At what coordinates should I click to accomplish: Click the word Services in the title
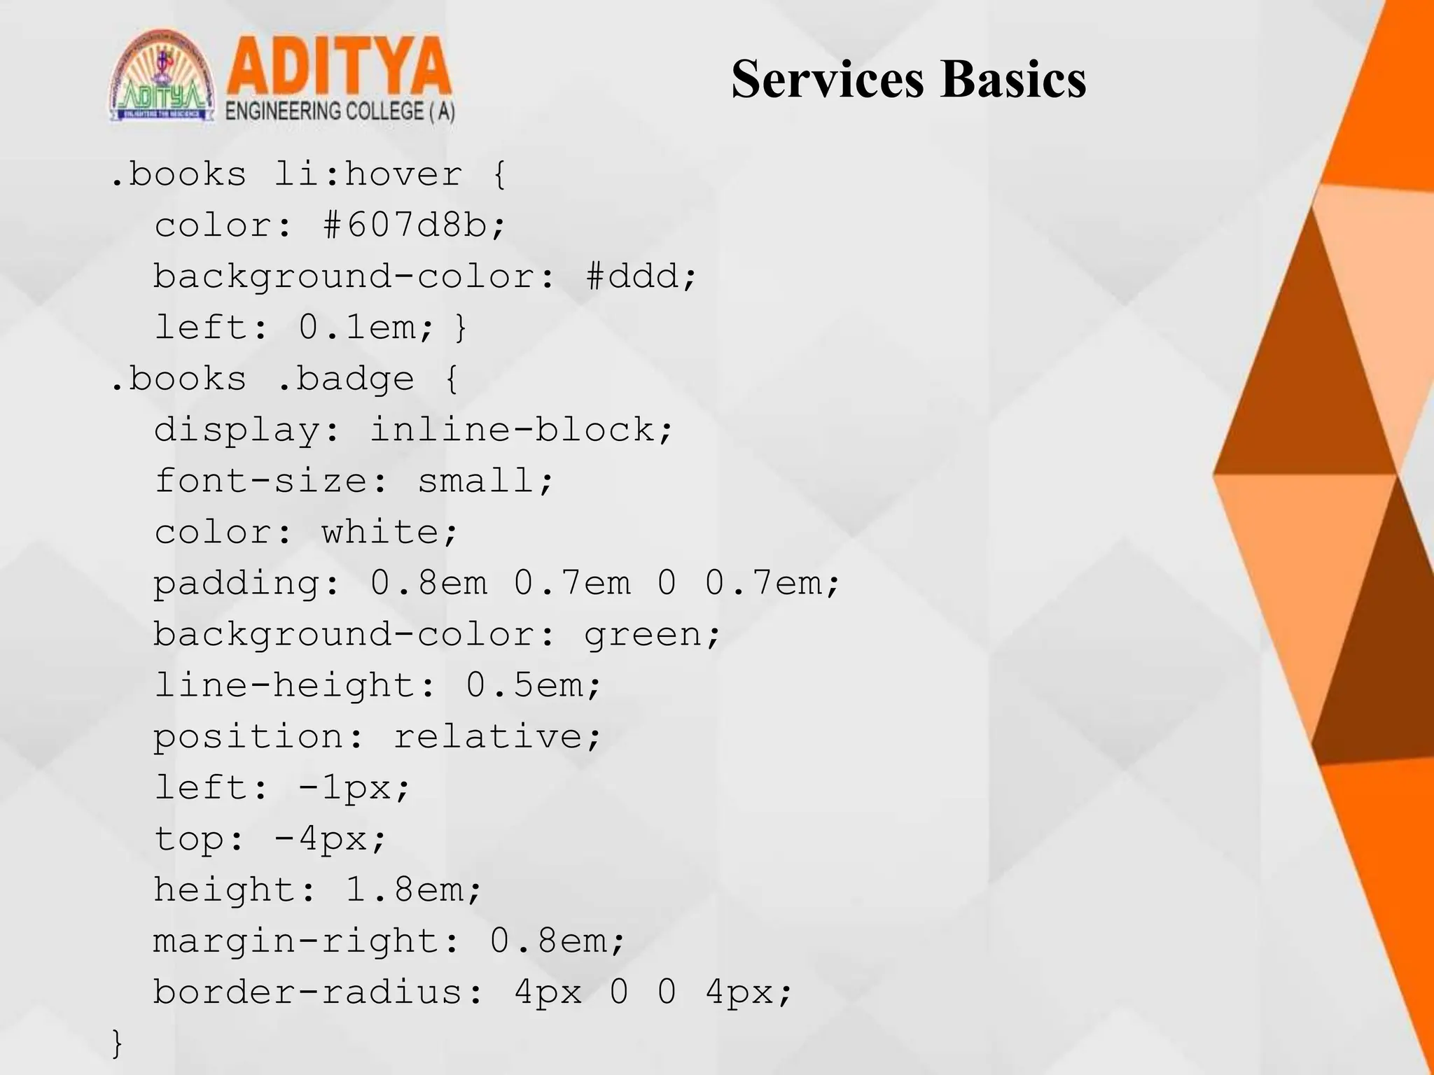828,79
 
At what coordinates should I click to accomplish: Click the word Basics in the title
1013,79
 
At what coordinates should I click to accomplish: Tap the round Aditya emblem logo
162,77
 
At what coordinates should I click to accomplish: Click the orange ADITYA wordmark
339,68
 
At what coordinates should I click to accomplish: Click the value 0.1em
358,327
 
